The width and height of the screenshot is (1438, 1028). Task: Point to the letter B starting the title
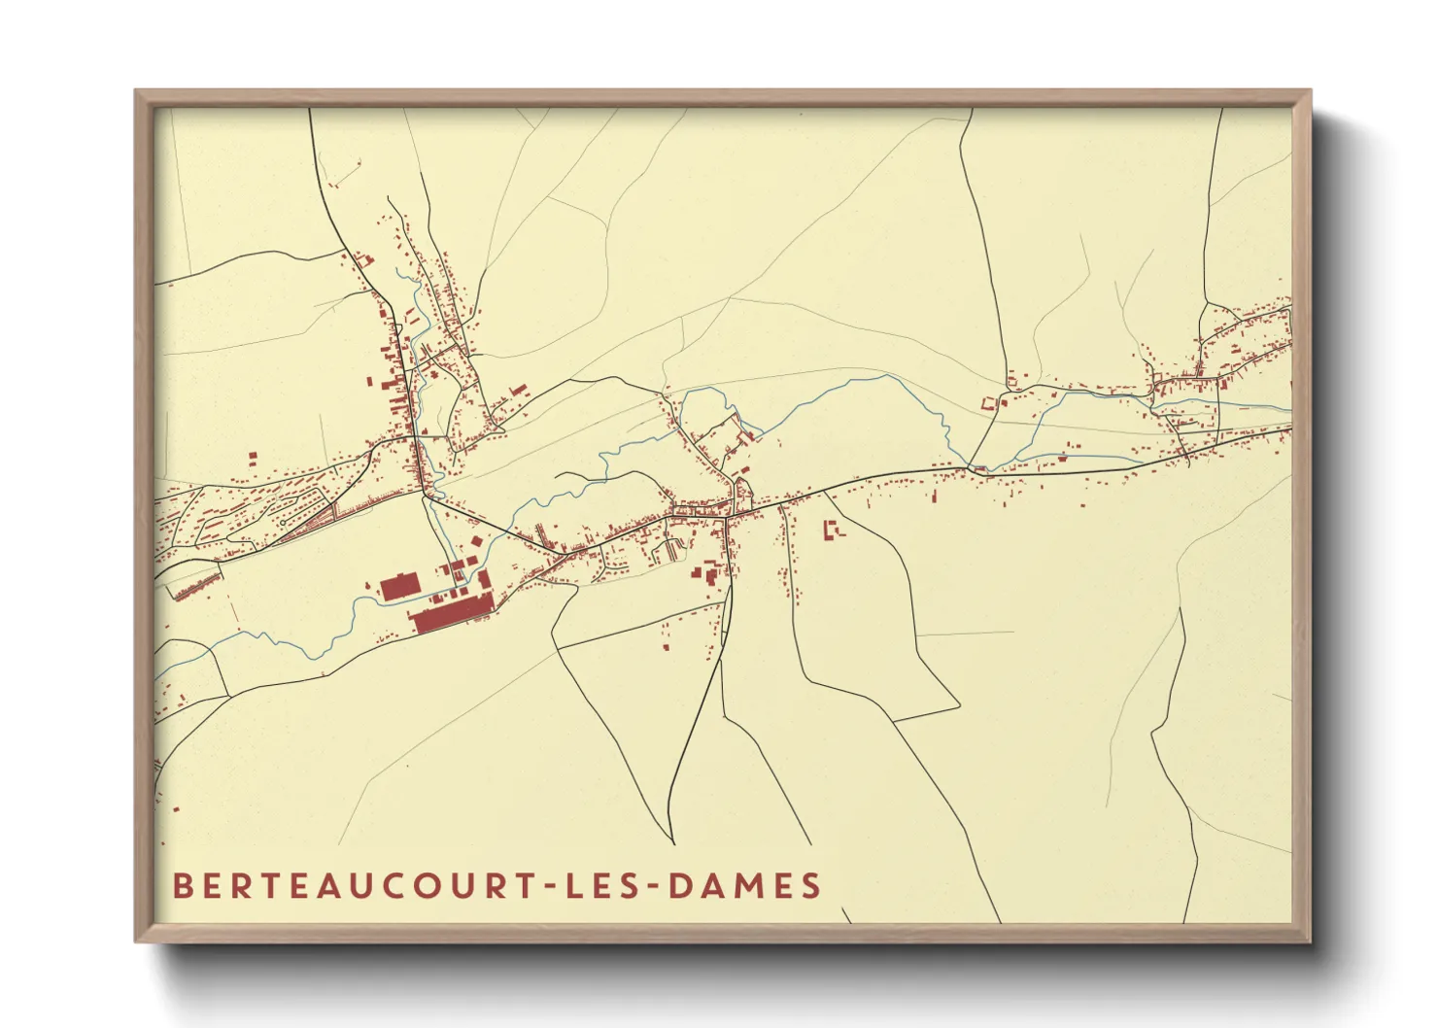(x=182, y=886)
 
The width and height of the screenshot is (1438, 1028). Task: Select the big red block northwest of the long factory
(x=398, y=586)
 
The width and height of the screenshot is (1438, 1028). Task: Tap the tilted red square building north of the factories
(x=475, y=541)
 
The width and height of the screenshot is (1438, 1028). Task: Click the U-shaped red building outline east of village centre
(x=833, y=530)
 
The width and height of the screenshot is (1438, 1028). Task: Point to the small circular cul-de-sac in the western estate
(x=282, y=523)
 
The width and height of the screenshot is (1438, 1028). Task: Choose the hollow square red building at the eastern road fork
(x=991, y=401)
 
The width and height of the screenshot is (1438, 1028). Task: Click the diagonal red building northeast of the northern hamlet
(x=515, y=391)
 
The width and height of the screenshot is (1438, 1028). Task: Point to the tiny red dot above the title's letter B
(x=177, y=808)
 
